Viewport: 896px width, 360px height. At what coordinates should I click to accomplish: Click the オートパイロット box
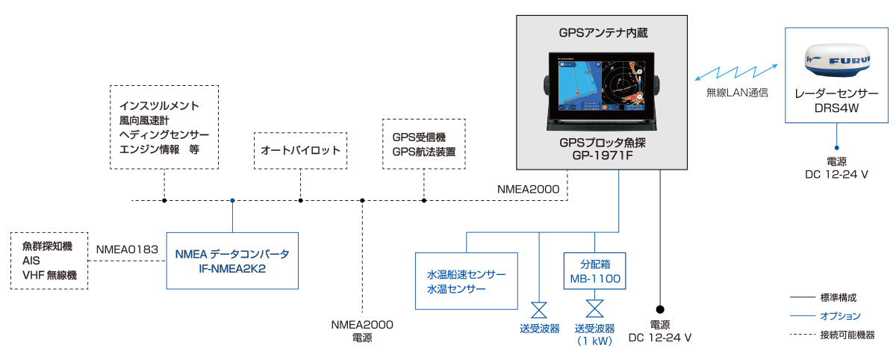pyautogui.click(x=300, y=150)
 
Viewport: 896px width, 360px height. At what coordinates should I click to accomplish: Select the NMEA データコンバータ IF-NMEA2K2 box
pyautogui.click(x=232, y=261)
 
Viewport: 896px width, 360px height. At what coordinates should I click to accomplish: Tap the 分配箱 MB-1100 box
pyautogui.click(x=595, y=271)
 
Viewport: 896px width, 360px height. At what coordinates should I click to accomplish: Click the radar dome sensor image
pyautogui.click(x=837, y=60)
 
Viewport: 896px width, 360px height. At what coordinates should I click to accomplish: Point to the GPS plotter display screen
pyautogui.click(x=602, y=86)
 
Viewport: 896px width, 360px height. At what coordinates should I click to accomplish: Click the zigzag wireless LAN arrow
pyautogui.click(x=736, y=72)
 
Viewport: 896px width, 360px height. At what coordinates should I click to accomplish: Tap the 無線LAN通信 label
pyautogui.click(x=737, y=93)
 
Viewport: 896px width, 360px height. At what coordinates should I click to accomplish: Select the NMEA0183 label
pyautogui.click(x=127, y=249)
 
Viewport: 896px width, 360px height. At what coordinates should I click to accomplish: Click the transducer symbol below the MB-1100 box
pyautogui.click(x=595, y=308)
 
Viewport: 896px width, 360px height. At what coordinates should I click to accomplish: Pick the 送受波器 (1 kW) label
pyautogui.click(x=595, y=335)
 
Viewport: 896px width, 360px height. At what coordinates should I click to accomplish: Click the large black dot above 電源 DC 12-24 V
pyautogui.click(x=660, y=309)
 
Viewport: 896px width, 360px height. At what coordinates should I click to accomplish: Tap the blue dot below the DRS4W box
pyautogui.click(x=837, y=148)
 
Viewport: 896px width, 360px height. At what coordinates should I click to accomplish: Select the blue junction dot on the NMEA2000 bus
pyautogui.click(x=232, y=200)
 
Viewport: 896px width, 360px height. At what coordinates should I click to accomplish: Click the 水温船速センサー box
pyautogui.click(x=467, y=281)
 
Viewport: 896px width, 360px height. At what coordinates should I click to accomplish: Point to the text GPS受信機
pyautogui.click(x=419, y=137)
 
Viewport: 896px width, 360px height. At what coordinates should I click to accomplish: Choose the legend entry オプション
pyautogui.click(x=840, y=316)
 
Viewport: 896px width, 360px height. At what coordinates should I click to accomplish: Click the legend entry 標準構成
pyautogui.click(x=839, y=297)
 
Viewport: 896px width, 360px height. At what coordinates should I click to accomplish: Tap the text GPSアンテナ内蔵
pyautogui.click(x=603, y=33)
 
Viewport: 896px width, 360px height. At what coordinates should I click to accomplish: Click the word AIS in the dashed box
pyautogui.click(x=31, y=261)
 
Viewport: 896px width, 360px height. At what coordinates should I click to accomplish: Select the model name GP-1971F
pyautogui.click(x=603, y=155)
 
